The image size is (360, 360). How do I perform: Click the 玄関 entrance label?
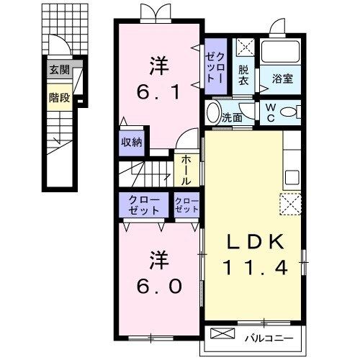pyautogui.click(x=59, y=71)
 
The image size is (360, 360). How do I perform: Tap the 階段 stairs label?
pyautogui.click(x=59, y=97)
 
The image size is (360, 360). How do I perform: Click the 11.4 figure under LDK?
pyautogui.click(x=258, y=268)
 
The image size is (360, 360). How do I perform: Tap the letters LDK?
pyautogui.click(x=258, y=242)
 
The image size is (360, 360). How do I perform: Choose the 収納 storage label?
pyautogui.click(x=132, y=141)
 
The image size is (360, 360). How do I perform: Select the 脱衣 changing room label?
pyautogui.click(x=244, y=76)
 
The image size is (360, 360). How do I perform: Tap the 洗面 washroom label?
pyautogui.click(x=231, y=116)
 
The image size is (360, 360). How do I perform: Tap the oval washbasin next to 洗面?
pyautogui.click(x=212, y=113)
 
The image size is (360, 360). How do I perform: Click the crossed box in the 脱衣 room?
pyautogui.click(x=246, y=49)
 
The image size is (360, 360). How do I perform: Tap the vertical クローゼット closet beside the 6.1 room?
pyautogui.click(x=215, y=66)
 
